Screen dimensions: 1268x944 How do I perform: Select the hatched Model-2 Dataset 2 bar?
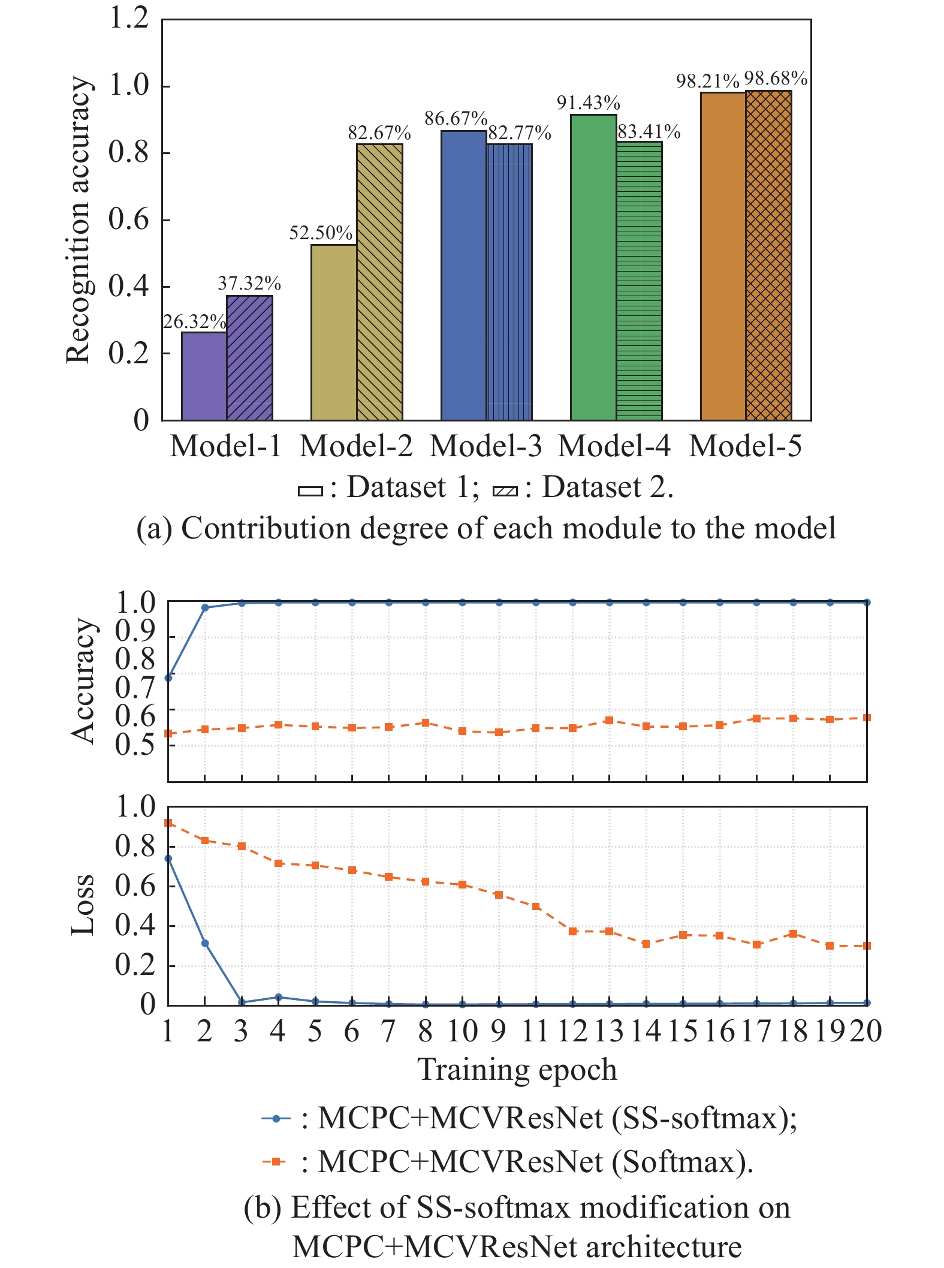[379, 282]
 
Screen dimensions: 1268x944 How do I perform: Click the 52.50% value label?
[321, 233]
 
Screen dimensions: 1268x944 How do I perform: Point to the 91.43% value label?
[588, 103]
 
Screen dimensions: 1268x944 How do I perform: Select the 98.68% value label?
[776, 79]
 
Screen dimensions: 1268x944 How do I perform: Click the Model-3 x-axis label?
[485, 446]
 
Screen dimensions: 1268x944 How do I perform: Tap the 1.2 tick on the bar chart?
[129, 18]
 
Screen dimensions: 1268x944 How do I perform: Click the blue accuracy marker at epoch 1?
[168, 677]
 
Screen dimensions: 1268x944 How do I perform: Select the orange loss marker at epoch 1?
[168, 823]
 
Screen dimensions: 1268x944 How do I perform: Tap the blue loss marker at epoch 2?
[205, 943]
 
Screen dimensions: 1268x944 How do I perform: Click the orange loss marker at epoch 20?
[867, 945]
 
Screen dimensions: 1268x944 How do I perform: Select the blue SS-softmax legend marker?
[276, 1119]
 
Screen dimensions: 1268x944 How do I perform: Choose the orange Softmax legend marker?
[276, 1162]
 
